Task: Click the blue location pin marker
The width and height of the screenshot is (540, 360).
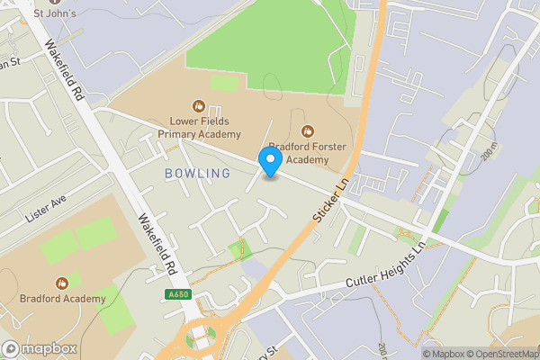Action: pyautogui.click(x=270, y=161)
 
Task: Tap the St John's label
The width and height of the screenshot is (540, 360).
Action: pyautogui.click(x=55, y=13)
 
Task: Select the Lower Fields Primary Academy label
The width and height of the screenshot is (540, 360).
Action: pyautogui.click(x=199, y=128)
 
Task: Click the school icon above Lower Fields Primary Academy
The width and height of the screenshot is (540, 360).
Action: pyautogui.click(x=199, y=105)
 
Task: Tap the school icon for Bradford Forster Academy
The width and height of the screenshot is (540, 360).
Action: pyautogui.click(x=309, y=131)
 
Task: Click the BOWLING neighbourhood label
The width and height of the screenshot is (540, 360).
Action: pyautogui.click(x=191, y=172)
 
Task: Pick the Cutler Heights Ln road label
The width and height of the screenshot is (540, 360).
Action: pyautogui.click(x=384, y=268)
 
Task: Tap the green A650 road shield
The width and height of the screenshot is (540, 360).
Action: pyautogui.click(x=178, y=294)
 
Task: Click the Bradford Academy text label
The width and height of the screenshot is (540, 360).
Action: pyautogui.click(x=62, y=298)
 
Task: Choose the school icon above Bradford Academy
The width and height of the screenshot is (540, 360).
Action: pyautogui.click(x=62, y=282)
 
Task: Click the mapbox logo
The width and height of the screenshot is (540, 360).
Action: pyautogui.click(x=40, y=348)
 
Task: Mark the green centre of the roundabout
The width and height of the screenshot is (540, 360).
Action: pyautogui.click(x=199, y=339)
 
